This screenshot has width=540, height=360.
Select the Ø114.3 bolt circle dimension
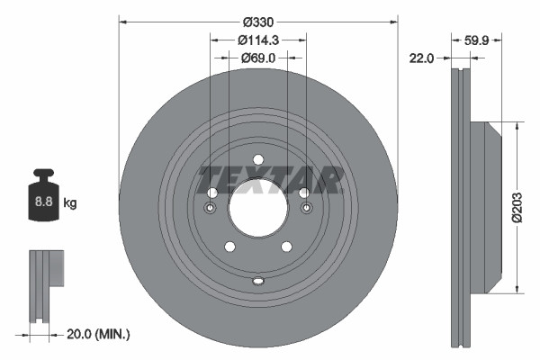[257, 40]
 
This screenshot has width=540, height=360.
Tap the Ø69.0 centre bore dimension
[257, 57]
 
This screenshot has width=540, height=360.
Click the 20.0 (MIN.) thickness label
[99, 334]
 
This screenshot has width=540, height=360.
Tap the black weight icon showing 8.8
[42, 200]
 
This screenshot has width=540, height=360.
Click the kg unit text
[69, 203]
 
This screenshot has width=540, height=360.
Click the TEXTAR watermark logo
[270, 180]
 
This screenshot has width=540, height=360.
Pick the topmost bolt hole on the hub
[257, 160]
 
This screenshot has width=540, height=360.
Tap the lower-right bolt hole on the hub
[286, 247]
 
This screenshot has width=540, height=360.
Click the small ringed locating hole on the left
[211, 209]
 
